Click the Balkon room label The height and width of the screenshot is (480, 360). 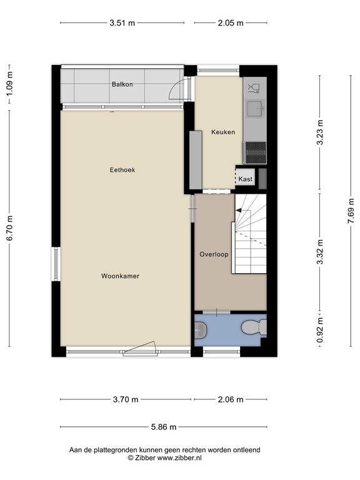[122, 84]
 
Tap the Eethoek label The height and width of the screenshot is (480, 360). [122, 169]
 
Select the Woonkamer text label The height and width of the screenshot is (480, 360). [120, 276]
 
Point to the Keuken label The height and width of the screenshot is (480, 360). [222, 132]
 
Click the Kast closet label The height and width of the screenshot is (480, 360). [246, 179]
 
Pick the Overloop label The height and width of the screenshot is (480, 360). [214, 254]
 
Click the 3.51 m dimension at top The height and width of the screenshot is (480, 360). [122, 23]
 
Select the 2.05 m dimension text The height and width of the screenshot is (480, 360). [231, 23]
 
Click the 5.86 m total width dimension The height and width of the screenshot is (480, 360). [162, 427]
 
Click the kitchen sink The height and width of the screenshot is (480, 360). [254, 109]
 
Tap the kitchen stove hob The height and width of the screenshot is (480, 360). [255, 149]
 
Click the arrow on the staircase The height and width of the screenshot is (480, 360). [239, 211]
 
